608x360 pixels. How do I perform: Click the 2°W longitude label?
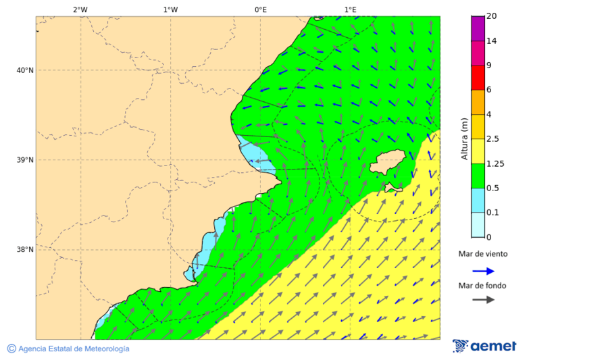80,9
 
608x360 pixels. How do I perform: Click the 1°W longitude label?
170,9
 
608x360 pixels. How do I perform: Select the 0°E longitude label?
260,9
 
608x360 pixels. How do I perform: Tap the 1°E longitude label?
350,9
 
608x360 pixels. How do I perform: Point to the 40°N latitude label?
25,70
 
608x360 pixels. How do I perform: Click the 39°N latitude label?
25,160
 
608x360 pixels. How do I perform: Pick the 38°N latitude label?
25,250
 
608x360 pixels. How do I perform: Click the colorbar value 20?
492,16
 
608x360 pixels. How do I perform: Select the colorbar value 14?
492,41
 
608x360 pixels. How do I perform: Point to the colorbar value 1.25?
496,163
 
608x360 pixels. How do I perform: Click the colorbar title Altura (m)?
464,138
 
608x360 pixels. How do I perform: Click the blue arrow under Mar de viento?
483,271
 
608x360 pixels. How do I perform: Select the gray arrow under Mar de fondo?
483,300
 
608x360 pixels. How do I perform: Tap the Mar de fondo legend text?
482,286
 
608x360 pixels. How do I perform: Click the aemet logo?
484,346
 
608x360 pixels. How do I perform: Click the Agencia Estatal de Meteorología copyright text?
68,349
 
